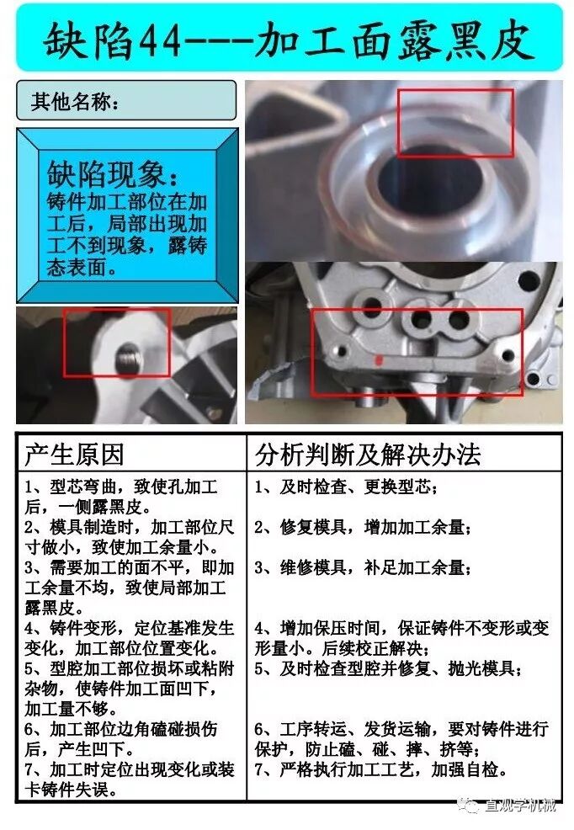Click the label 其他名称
(x=70, y=101)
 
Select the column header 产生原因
(x=74, y=455)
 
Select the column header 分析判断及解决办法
(x=368, y=455)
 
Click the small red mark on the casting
(x=378, y=360)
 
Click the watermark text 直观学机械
(x=520, y=806)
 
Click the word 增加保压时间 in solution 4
(x=330, y=628)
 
